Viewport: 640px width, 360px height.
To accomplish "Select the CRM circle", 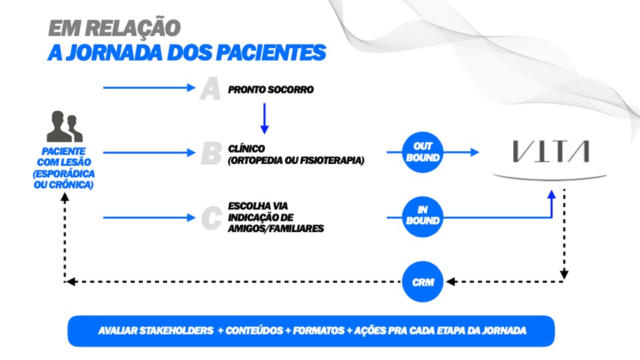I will pos(423,282).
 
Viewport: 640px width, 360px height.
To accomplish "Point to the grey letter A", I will pos(210,89).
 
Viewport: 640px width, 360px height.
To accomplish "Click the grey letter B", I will pos(211,153).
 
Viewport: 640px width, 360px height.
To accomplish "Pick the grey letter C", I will pos(211,217).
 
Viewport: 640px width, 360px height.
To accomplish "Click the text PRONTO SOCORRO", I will pos(271,89).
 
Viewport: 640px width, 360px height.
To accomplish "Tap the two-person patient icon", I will pos(65,126).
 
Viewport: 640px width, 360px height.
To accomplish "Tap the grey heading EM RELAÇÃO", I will pos(114,27).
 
